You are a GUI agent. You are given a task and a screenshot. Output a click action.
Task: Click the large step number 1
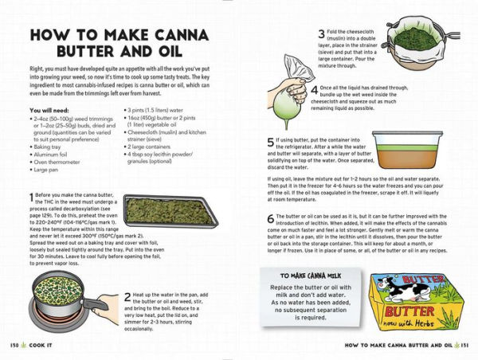pos(32,197)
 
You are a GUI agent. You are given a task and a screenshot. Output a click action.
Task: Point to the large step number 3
pos(320,33)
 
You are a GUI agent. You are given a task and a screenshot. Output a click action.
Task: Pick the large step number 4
pos(315,90)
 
